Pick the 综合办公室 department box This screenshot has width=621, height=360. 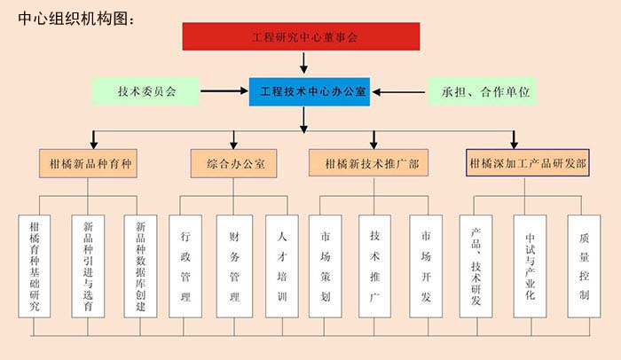click(234, 164)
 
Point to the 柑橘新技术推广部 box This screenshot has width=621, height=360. click(372, 164)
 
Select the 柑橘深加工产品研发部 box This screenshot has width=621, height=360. click(527, 164)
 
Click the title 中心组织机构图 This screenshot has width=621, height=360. click(75, 19)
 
